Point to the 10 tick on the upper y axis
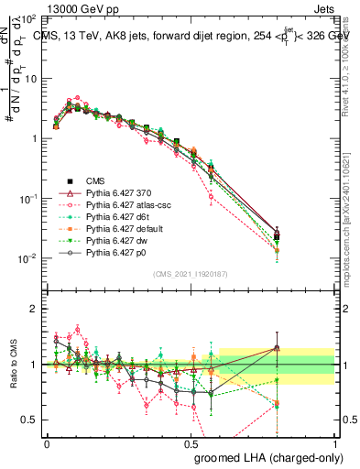[30, 78]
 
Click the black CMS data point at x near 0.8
[277, 237]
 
